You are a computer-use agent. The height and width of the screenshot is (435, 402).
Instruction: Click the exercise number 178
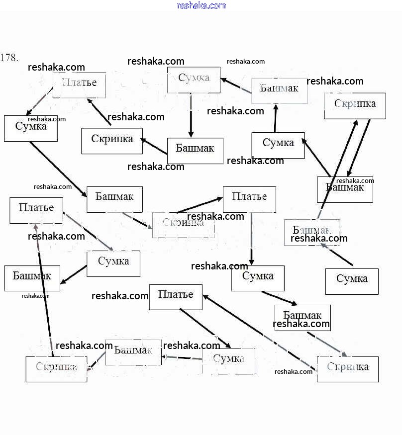click(x=9, y=57)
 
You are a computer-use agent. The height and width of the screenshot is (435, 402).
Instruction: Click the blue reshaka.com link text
click(x=201, y=5)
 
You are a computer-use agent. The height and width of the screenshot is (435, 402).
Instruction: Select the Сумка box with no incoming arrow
click(x=352, y=281)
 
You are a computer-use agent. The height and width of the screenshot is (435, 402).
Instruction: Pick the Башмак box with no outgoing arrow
click(x=32, y=278)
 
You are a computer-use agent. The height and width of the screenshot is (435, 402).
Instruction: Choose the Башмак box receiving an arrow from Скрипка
click(x=345, y=189)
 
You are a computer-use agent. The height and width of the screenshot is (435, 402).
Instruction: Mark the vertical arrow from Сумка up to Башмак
click(x=275, y=118)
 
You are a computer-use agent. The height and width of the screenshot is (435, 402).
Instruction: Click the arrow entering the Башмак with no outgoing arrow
click(x=74, y=274)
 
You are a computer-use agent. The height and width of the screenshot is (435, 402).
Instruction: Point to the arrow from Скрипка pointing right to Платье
click(x=199, y=205)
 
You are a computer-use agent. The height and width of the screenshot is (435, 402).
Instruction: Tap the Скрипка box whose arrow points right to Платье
click(x=183, y=225)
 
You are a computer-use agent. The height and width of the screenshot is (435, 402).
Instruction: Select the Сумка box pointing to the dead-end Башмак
click(x=113, y=263)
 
